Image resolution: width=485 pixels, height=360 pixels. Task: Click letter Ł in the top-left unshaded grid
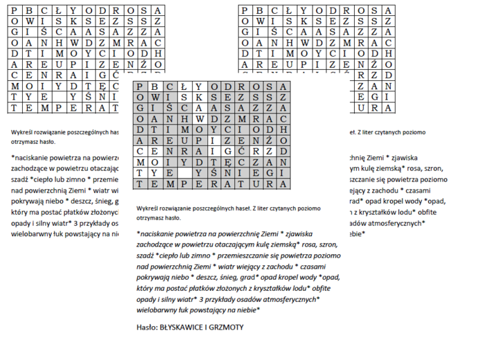[54, 11]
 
